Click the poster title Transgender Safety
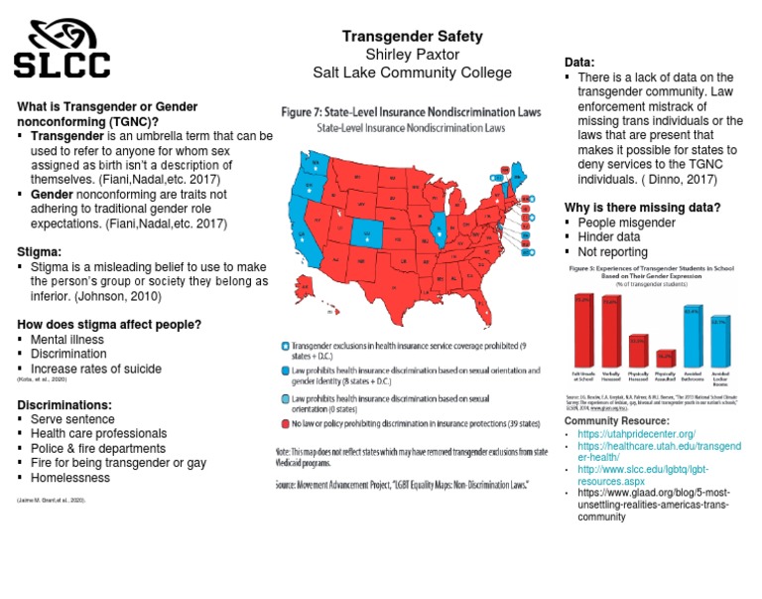point(412,36)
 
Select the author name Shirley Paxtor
point(412,54)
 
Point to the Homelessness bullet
point(70,478)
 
